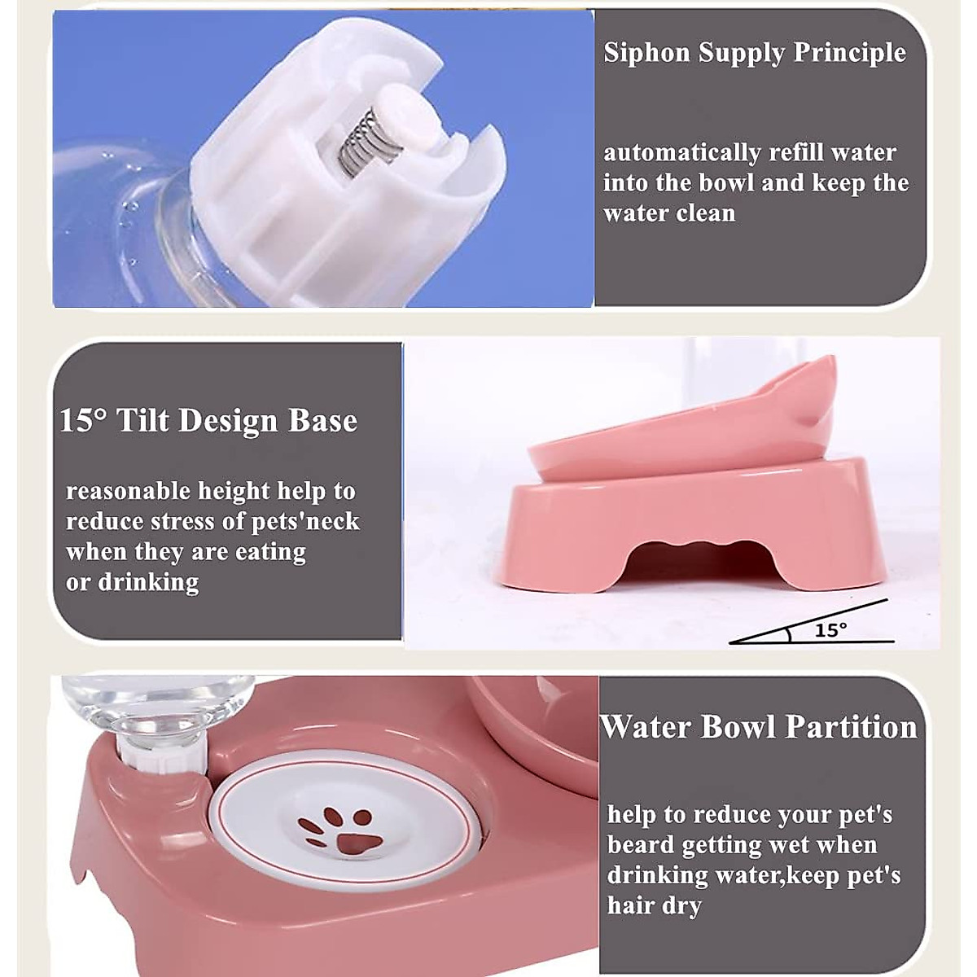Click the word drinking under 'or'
point(148,583)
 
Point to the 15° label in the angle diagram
point(830,629)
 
